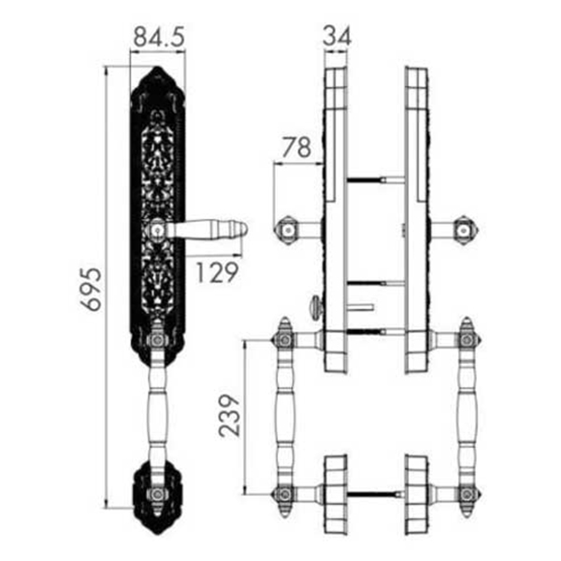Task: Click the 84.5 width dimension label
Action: point(159,36)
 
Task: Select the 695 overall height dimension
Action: point(91,289)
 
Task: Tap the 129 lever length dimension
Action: point(217,272)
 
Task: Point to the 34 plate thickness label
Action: point(337,36)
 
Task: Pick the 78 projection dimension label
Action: point(296,147)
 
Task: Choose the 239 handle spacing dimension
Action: point(229,416)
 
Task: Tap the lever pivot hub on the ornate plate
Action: point(157,229)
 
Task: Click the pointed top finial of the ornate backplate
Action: point(157,68)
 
